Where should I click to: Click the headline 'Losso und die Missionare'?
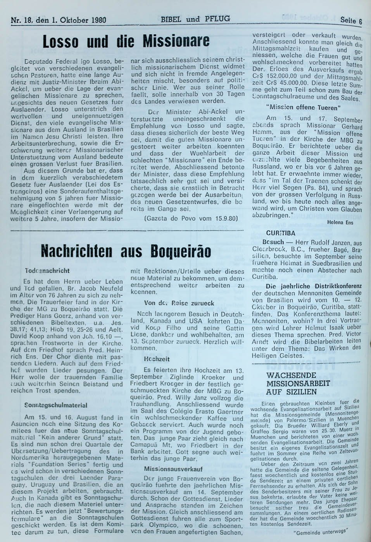point(126,41)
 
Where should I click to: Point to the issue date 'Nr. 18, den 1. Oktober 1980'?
point(59,20)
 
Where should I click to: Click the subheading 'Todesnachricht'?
point(47,271)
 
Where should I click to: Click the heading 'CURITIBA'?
point(281,233)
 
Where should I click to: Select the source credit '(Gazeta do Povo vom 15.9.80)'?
point(191,218)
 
